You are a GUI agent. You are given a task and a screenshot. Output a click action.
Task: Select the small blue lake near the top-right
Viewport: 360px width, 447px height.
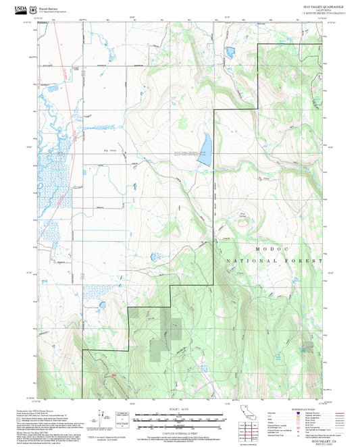(230, 52)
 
